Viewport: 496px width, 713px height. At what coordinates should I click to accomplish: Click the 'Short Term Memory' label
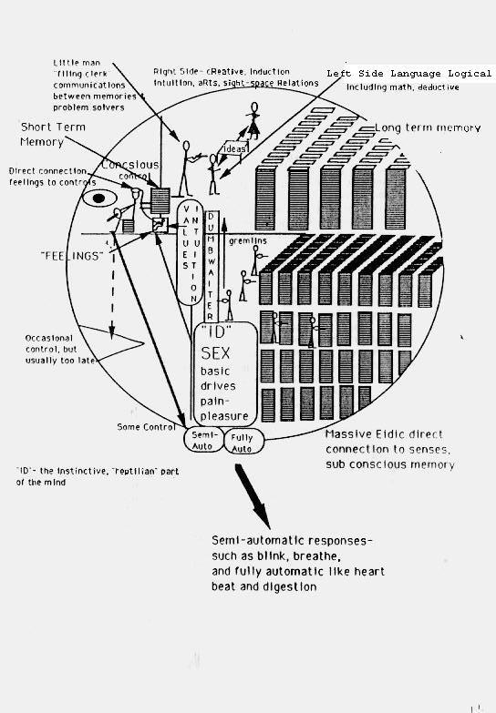[55, 135]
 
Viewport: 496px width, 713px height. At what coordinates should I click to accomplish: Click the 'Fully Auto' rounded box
[243, 443]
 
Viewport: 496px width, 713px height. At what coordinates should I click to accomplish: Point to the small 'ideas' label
[235, 148]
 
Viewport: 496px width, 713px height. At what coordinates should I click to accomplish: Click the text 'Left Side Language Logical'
[409, 74]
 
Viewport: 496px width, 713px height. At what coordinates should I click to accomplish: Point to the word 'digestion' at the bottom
[290, 587]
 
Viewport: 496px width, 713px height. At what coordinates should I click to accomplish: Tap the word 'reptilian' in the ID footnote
[147, 470]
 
